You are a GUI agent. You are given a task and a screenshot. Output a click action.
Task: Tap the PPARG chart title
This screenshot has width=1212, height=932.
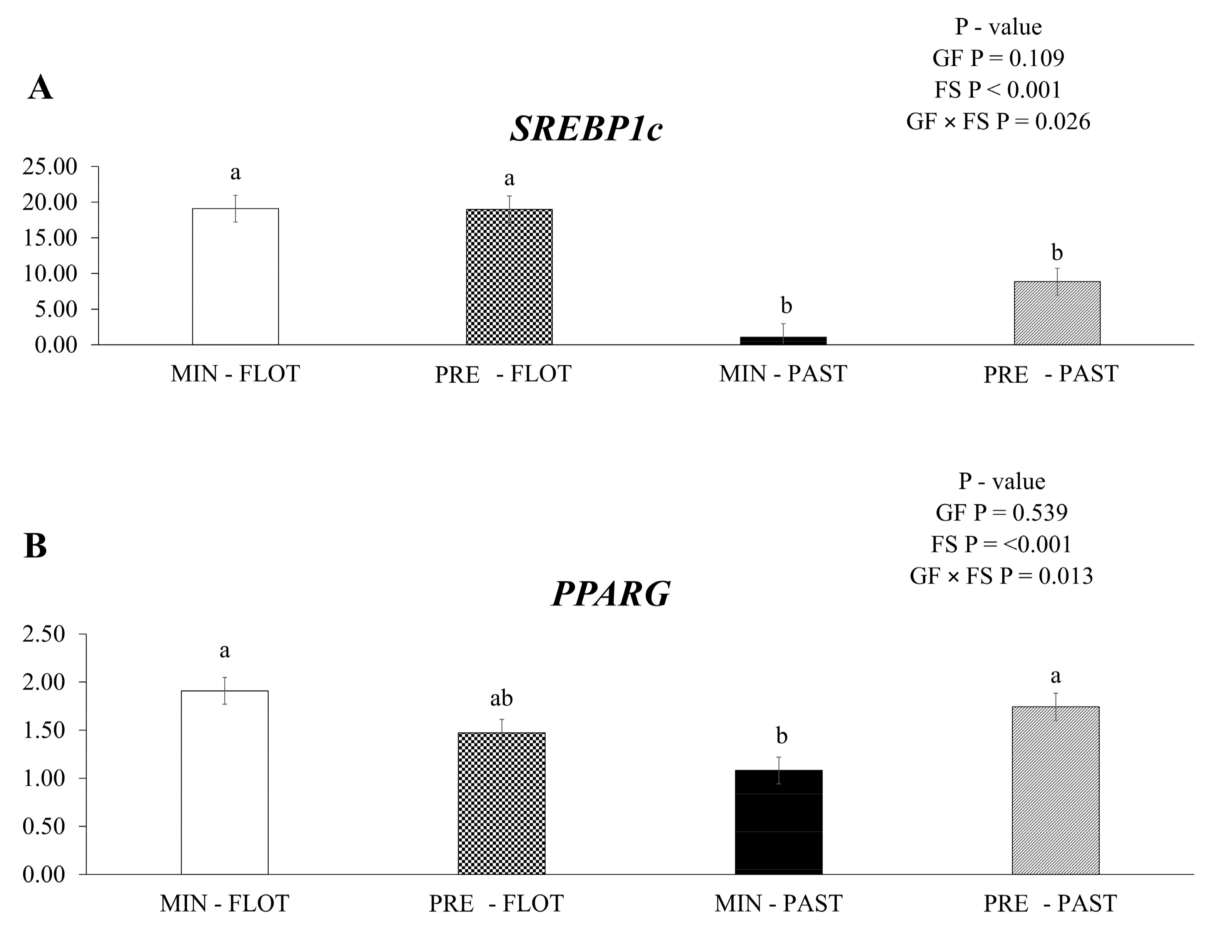(x=611, y=594)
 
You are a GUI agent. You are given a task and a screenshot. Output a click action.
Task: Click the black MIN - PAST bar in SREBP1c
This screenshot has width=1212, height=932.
(x=783, y=341)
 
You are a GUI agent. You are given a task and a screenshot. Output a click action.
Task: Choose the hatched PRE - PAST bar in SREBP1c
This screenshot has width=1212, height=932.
(x=1057, y=313)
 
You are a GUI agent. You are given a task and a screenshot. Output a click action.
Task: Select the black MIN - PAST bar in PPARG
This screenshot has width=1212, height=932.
(x=778, y=822)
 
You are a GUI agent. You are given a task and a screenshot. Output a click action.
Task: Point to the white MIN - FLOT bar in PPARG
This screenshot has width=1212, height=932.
(x=225, y=782)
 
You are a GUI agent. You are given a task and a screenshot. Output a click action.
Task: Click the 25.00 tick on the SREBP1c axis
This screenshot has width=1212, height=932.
(x=49, y=166)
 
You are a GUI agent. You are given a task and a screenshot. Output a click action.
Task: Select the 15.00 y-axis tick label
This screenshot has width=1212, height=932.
(x=49, y=238)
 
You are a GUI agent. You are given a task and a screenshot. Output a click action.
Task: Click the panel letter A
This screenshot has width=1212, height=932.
(x=40, y=88)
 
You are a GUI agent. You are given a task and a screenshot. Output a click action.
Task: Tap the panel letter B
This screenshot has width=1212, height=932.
(x=35, y=546)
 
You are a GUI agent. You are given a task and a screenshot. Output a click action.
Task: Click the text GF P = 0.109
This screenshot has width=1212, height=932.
(x=998, y=58)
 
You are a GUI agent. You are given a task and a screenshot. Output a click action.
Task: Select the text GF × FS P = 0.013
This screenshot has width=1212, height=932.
(x=1001, y=576)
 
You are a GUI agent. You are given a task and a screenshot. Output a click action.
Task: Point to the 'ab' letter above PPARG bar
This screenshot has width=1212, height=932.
(x=501, y=698)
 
